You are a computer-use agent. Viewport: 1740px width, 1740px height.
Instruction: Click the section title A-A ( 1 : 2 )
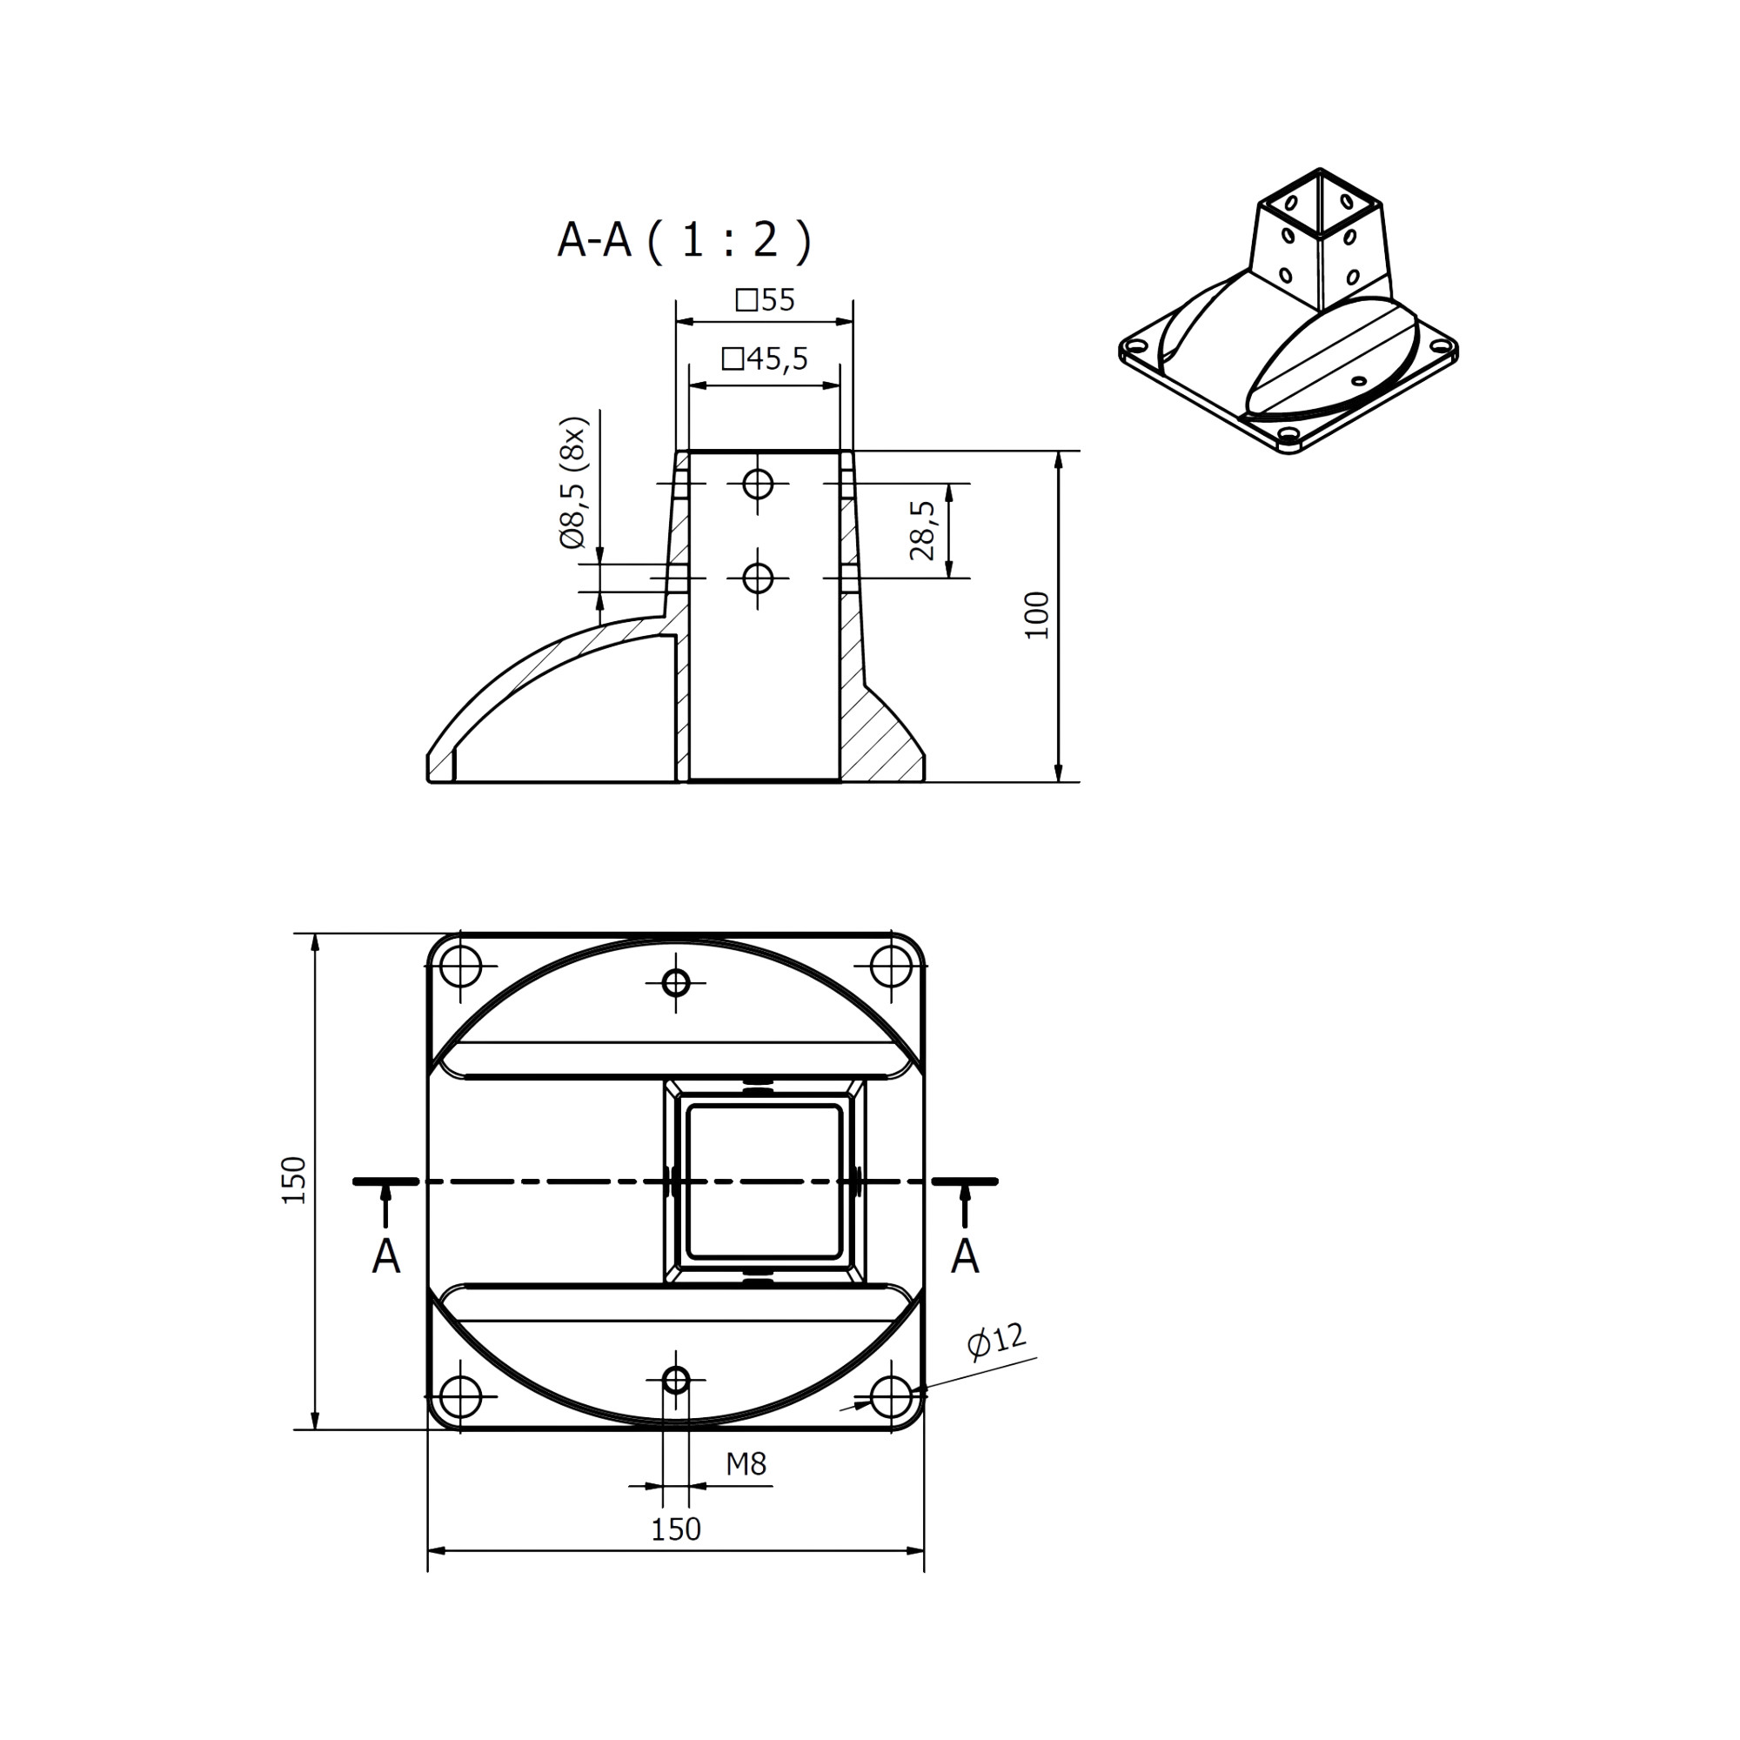tap(685, 240)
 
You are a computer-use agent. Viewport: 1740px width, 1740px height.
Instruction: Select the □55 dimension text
tap(765, 300)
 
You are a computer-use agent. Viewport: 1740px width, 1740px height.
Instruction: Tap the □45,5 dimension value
tap(765, 359)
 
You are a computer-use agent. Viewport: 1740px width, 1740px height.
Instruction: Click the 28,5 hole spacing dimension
tap(922, 531)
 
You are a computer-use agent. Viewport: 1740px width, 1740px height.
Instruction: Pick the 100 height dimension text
tap(1038, 615)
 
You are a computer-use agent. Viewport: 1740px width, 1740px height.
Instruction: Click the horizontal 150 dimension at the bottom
tap(675, 1529)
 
